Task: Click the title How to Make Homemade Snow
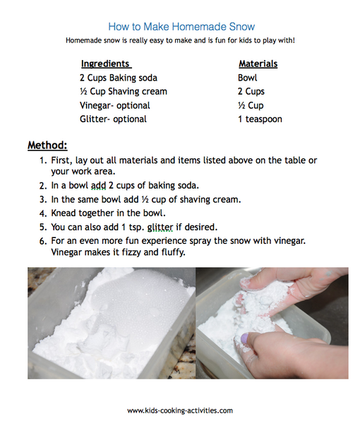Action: click(180, 25)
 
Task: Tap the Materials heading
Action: click(258, 64)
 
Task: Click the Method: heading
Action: click(47, 146)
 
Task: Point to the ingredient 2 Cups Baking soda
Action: click(118, 78)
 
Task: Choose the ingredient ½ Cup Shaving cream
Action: click(123, 91)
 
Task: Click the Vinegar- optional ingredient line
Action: click(114, 105)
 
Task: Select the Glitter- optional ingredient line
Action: click(113, 119)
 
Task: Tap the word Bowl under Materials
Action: click(248, 78)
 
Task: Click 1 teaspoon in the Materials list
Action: click(260, 119)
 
